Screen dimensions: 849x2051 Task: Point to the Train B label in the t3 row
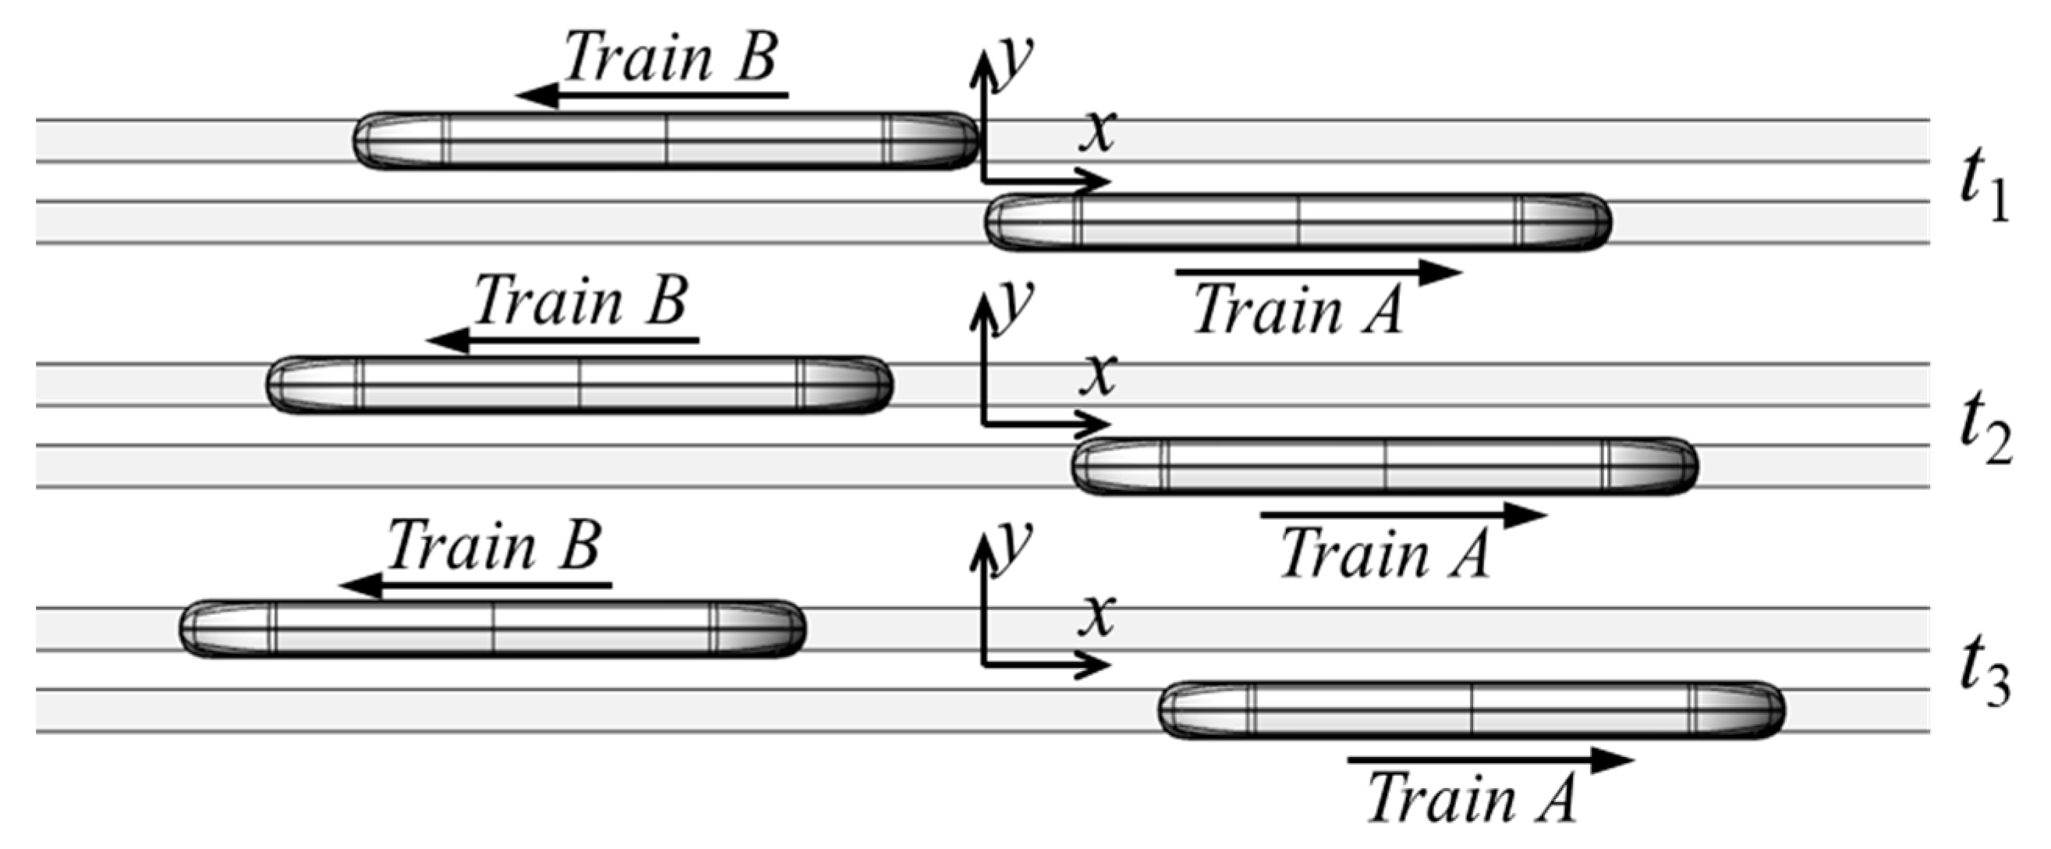494,545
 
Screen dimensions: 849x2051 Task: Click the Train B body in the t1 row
666,140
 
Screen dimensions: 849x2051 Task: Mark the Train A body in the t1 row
1298,222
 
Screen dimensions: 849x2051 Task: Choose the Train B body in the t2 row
579,385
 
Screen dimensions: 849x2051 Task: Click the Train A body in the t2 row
1385,466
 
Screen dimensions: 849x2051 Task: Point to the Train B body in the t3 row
493,628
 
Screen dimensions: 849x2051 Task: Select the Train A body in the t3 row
1472,709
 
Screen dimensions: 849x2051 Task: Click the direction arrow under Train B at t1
653,96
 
